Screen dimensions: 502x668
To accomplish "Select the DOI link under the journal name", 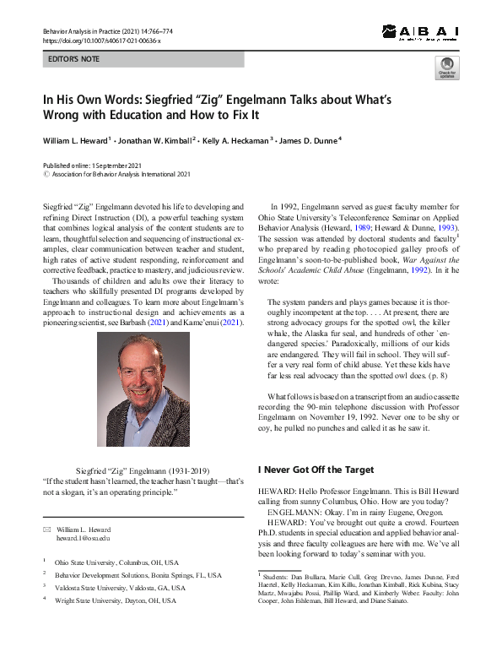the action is point(100,40).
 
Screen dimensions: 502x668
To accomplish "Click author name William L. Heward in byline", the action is point(82,139).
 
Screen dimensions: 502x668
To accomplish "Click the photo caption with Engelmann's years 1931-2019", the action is point(143,470).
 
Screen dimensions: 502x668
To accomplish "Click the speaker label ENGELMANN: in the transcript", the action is point(294,512).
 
